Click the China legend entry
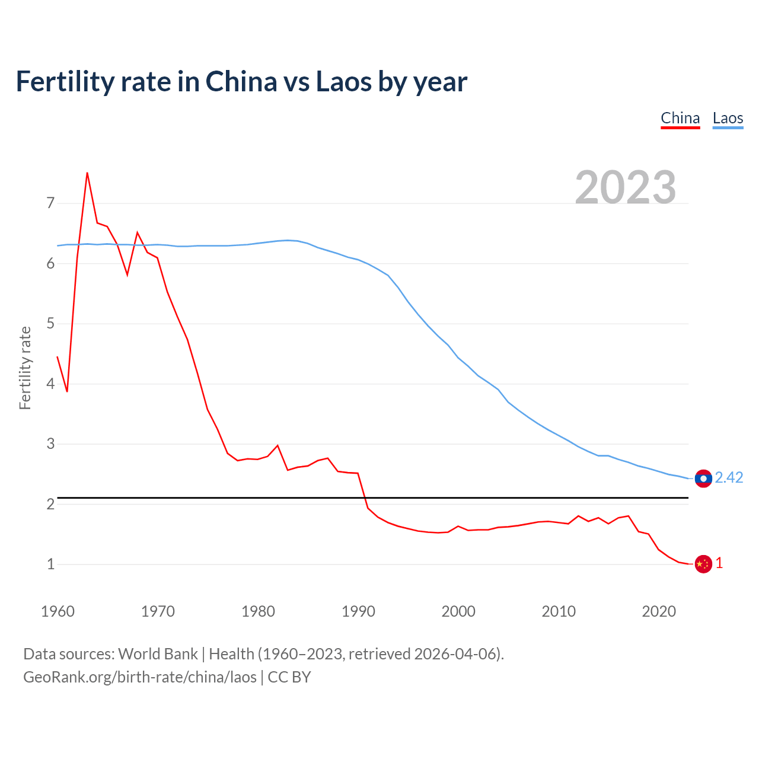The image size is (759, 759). point(680,118)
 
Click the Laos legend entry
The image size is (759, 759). point(728,118)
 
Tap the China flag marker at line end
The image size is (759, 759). point(703,564)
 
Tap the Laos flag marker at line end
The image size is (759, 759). point(703,479)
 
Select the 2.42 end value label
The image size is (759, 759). point(729,478)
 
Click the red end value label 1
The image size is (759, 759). point(719,563)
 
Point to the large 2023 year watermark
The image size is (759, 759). point(626,187)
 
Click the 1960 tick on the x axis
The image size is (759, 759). point(58,611)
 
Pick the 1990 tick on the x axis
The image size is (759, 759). point(358,611)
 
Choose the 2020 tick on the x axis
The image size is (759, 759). point(659,611)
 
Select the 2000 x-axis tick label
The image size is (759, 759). point(458,611)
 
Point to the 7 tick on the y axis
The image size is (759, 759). point(50,203)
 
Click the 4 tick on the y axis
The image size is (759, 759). point(50,384)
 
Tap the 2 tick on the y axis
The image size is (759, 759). point(50,504)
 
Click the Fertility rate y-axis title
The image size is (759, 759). point(25,368)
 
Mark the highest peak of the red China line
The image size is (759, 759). point(87,173)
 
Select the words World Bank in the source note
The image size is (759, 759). point(158,654)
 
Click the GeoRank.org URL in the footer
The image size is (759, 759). point(140,677)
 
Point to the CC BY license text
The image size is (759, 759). point(289,677)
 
